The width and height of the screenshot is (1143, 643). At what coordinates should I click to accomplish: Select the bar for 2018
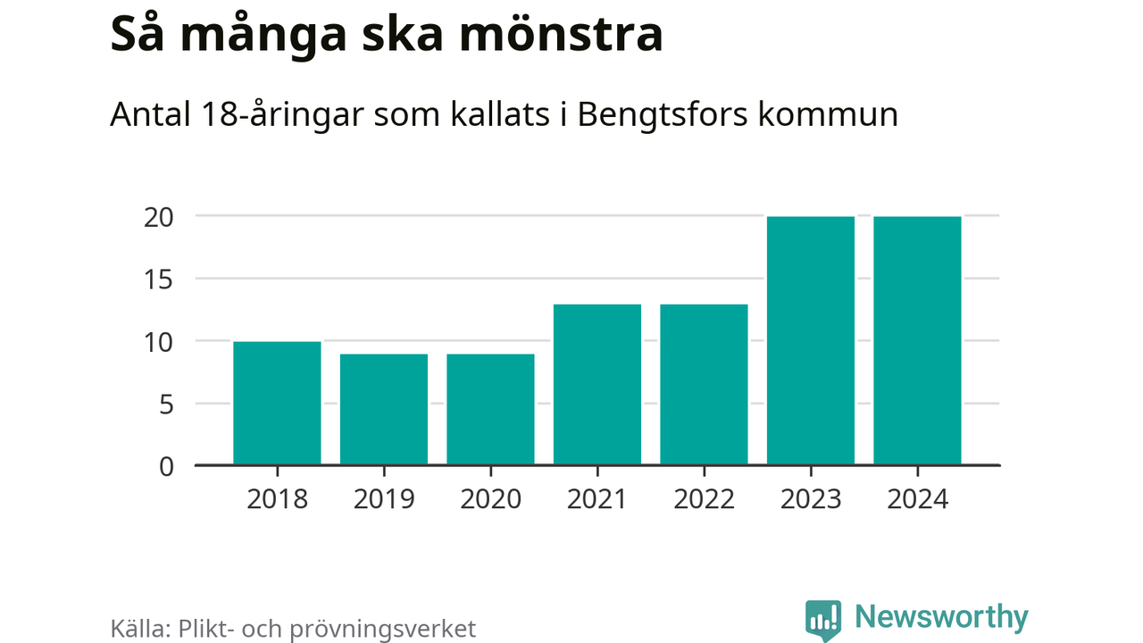coord(277,404)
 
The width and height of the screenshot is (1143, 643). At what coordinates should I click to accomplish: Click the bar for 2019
coord(384,410)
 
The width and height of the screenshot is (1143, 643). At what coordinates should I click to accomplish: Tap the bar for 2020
coord(490,410)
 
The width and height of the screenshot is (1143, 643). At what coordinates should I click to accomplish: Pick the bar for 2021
coord(597,385)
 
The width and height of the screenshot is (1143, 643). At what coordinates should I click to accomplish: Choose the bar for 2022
coord(704,385)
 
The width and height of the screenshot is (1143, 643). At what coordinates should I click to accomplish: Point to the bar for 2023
coord(811,341)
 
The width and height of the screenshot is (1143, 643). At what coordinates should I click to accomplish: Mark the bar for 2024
coord(917,341)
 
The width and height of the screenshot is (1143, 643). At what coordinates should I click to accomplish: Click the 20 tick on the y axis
coord(158,217)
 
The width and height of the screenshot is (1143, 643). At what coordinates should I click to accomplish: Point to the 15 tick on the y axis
coord(158,280)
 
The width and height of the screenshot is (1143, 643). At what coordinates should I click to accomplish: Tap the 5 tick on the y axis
coord(165,405)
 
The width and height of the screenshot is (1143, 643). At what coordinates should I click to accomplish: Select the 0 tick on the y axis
coord(165,466)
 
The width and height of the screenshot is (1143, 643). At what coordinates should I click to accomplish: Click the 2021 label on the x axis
coord(597,498)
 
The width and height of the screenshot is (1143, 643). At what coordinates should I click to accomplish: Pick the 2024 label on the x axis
coord(917,498)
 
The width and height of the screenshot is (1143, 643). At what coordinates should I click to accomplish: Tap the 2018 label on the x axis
coord(277,498)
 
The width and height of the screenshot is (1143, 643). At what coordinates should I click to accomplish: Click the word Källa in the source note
coord(140,628)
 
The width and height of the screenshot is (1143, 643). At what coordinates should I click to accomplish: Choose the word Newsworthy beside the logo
coord(941,617)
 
